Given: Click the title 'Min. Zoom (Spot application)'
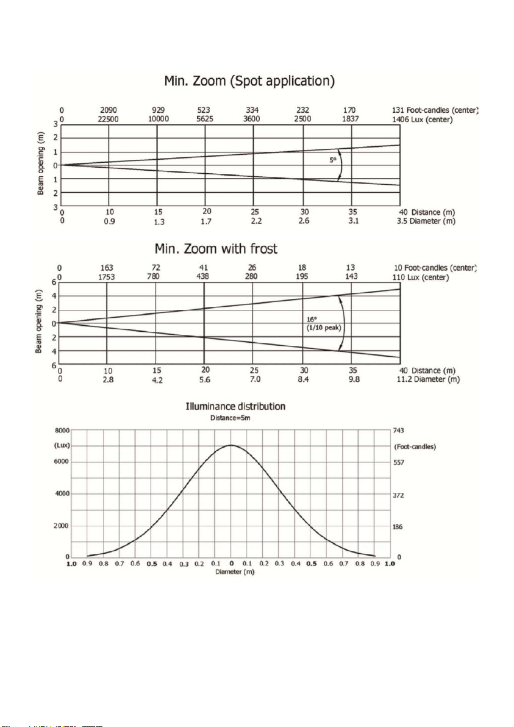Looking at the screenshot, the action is [249, 81].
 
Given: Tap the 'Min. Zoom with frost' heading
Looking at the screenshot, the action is [216, 249].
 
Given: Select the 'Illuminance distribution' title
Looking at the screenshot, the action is [235, 407].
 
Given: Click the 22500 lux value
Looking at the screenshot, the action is [109, 119].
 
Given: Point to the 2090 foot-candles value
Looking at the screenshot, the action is [109, 110].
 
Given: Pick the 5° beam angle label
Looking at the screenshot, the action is [333, 160].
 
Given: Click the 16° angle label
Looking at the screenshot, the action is [312, 320].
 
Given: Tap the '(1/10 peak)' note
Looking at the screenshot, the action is [324, 328].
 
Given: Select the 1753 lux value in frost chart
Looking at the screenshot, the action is [107, 277].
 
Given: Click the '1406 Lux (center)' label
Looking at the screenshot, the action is [422, 120].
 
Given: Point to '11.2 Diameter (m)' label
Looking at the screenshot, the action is [428, 379].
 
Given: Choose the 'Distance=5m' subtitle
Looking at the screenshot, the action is [230, 418].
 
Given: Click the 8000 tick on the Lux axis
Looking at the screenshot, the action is [62, 431].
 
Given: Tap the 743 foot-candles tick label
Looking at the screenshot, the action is [398, 431].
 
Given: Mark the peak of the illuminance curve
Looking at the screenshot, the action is [231, 445].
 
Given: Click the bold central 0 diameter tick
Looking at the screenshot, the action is [231, 564].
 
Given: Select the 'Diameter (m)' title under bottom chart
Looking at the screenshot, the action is [235, 572].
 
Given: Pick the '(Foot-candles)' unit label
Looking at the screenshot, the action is [415, 447].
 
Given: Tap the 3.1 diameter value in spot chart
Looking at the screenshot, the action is [354, 221].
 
